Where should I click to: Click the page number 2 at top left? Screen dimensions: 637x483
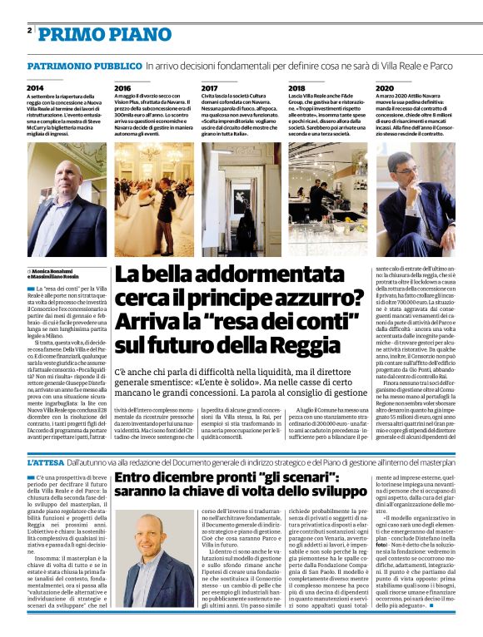click(x=29, y=30)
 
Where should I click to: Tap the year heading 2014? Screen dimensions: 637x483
click(x=35, y=87)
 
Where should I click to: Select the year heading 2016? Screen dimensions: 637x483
click(x=122, y=87)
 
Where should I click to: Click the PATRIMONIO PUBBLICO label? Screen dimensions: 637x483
click(x=83, y=65)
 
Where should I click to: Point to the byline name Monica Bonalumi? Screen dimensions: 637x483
click(x=50, y=271)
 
